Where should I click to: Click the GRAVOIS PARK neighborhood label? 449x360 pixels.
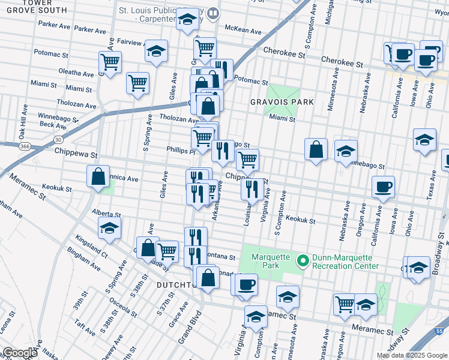[282, 102]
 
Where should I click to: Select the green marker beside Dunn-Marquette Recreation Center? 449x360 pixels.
[303, 260]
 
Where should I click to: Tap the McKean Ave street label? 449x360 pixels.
[243, 30]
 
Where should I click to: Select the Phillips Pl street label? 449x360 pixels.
[181, 151]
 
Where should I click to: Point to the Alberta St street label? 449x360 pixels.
[106, 213]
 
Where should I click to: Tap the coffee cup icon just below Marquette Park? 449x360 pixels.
[246, 284]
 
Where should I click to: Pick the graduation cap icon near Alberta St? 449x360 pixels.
[109, 228]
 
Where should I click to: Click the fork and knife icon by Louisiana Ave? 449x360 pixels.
[252, 189]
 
